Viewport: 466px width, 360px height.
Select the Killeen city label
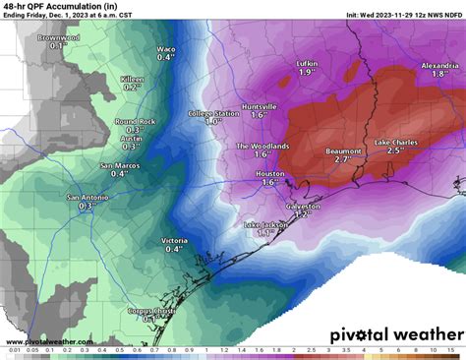coord(132,78)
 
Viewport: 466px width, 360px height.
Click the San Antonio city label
coord(87,198)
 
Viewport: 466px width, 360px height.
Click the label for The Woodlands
coord(262,146)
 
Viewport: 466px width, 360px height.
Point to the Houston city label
coord(270,173)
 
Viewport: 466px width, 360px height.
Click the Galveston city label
coord(302,207)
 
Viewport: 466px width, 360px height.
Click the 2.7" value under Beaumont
coord(343,157)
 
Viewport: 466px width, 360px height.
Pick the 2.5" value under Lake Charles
coord(395,151)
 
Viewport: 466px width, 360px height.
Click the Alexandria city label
coord(439,64)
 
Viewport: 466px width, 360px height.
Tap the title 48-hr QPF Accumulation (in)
coord(57,7)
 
